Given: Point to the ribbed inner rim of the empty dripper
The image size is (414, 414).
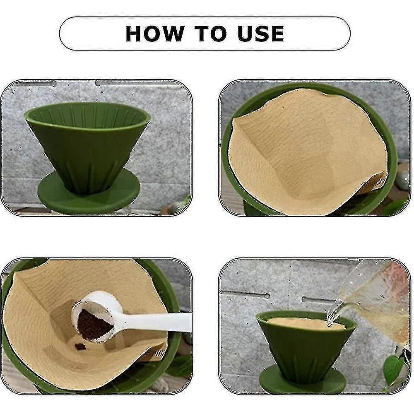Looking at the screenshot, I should tap(87, 113).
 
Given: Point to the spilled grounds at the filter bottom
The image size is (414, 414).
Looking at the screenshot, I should tap(80, 347).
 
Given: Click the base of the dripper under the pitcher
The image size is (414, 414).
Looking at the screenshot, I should tap(302, 383).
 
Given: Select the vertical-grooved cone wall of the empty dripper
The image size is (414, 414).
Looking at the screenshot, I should tap(87, 157).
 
